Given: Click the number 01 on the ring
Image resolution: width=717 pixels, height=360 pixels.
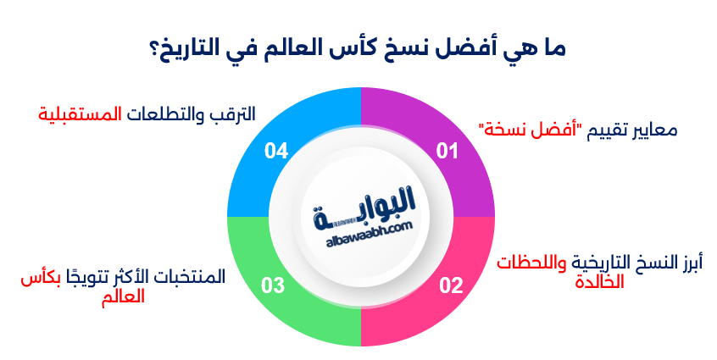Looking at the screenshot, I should click(x=447, y=152).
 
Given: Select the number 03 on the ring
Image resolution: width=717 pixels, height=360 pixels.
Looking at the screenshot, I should click(x=273, y=285).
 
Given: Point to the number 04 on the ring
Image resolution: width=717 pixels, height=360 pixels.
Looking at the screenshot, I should click(x=276, y=152).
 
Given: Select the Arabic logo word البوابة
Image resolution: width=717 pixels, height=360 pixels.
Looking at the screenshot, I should click(x=365, y=206).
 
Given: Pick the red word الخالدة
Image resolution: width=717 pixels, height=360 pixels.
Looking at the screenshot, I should click(x=597, y=282).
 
